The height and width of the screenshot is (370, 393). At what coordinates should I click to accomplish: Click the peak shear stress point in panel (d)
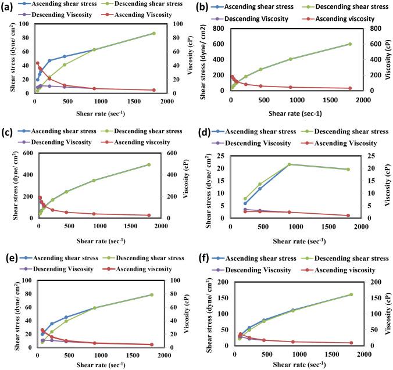(x=305, y=164)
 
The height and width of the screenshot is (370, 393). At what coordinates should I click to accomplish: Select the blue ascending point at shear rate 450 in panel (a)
(x=65, y=56)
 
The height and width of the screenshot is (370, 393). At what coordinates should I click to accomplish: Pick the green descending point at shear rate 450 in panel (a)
(x=65, y=64)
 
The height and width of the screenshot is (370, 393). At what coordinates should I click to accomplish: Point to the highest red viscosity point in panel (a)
(x=37, y=63)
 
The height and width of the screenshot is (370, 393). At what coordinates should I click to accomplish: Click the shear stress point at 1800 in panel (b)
(x=350, y=44)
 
